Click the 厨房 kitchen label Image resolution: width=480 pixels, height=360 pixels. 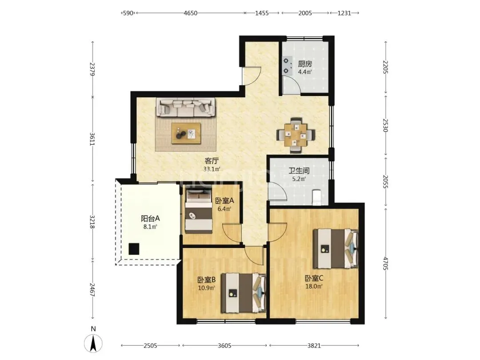(305, 64)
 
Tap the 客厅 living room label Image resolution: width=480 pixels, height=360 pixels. (212, 161)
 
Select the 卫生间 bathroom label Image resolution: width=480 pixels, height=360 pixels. (299, 171)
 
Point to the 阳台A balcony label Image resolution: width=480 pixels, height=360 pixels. (150, 219)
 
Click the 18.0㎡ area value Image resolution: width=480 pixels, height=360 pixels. (314, 287)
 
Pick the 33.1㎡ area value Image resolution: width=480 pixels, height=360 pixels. (212, 169)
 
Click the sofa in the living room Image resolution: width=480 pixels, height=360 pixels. (186, 108)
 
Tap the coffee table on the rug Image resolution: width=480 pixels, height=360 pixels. (186, 133)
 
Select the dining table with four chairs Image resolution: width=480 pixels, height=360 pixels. (296, 135)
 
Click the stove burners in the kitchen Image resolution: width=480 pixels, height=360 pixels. (286, 66)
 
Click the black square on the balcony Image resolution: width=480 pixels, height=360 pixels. (134, 249)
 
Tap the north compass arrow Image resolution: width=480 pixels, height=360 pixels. (93, 343)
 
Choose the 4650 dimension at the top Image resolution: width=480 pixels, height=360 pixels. (190, 13)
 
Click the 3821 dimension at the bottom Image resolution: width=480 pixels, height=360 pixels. (314, 346)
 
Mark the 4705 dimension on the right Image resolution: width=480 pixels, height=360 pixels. (386, 264)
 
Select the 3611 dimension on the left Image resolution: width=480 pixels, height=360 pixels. (92, 139)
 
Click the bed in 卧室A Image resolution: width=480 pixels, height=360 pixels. (199, 211)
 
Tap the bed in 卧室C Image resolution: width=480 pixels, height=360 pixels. (336, 248)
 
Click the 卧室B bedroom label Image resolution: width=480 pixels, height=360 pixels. (207, 280)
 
